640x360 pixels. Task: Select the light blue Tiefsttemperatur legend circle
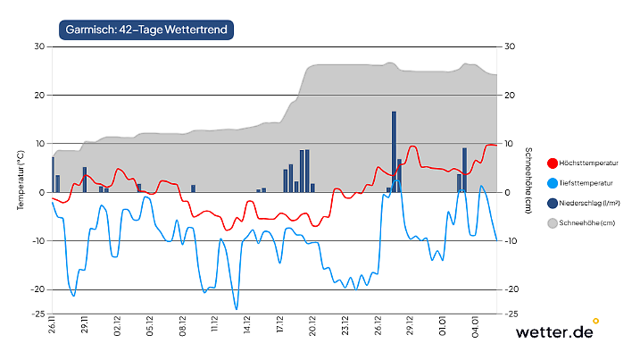pyautogui.click(x=552, y=183)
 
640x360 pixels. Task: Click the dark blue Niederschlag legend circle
pyautogui.click(x=552, y=203)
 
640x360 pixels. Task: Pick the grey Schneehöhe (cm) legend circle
pyautogui.click(x=552, y=222)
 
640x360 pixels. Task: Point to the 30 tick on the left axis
pyautogui.click(x=39, y=46)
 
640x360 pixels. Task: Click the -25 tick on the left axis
pyautogui.click(x=38, y=314)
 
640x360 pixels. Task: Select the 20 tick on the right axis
pyautogui.click(x=509, y=96)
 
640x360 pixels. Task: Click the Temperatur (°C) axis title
pyautogui.click(x=20, y=180)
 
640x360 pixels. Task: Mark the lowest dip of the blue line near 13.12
pyautogui.click(x=237, y=308)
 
